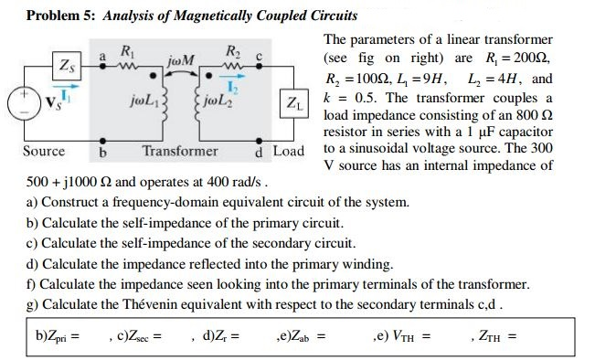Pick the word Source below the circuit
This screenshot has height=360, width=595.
[43, 151]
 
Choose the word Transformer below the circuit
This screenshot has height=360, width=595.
[180, 151]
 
